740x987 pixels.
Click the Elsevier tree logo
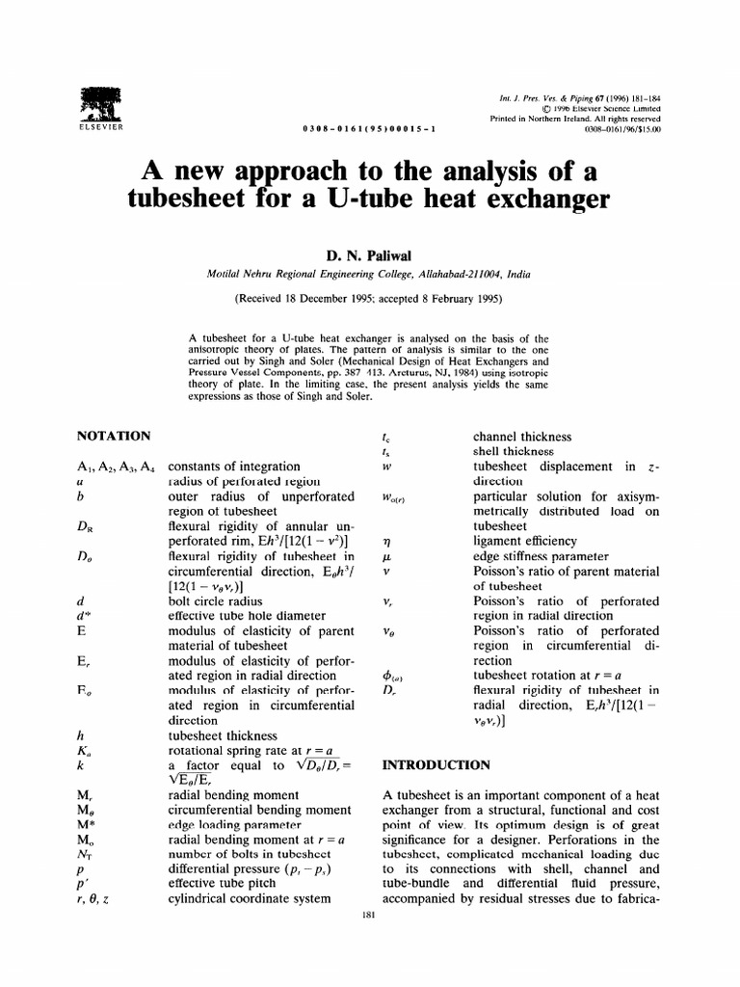tap(96, 104)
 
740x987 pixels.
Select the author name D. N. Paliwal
tap(369, 255)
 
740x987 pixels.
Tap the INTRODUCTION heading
tap(437, 765)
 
